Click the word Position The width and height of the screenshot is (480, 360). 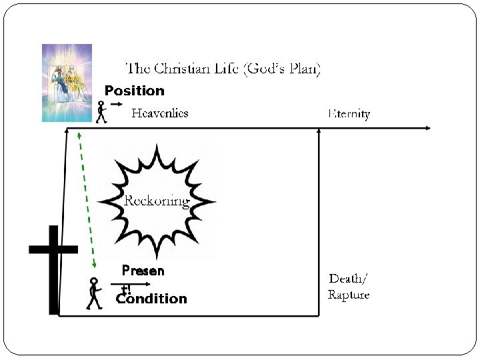134,91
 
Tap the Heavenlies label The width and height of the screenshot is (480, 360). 159,113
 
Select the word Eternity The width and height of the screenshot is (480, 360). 349,113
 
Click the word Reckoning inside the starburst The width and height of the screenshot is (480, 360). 157,201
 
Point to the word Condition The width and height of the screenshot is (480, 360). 151,299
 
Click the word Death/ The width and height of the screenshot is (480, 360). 348,278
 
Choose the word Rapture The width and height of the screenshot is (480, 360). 348,295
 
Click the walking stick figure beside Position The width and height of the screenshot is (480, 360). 101,112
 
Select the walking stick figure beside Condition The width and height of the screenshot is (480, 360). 94,294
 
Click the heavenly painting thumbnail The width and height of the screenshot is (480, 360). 67,83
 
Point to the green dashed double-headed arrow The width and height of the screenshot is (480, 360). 87,200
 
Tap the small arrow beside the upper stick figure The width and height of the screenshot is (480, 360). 117,105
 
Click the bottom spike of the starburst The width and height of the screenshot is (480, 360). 157,254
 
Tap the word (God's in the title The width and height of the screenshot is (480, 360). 263,69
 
